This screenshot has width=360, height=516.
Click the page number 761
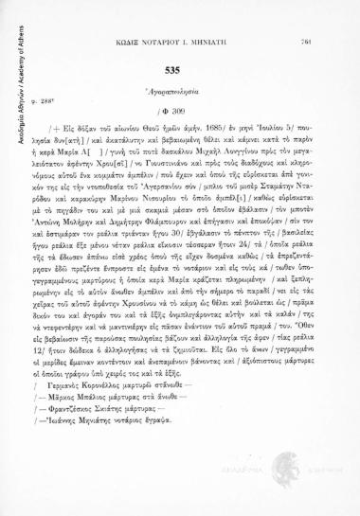click(333, 14)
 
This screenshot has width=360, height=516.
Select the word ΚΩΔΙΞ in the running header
click(133, 15)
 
